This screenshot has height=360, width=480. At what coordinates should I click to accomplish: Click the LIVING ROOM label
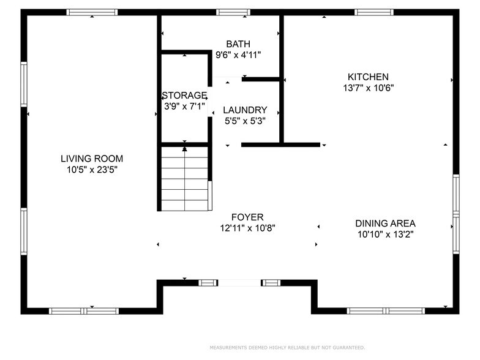click(92, 159)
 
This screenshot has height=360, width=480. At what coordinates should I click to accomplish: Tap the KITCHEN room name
click(368, 77)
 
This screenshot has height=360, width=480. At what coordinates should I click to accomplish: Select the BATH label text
click(238, 44)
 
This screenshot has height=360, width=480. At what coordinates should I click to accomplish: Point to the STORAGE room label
click(184, 96)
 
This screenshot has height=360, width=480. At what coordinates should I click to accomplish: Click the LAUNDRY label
click(245, 110)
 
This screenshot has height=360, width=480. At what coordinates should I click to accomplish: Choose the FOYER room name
click(247, 217)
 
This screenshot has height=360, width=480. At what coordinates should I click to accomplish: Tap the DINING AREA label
click(386, 223)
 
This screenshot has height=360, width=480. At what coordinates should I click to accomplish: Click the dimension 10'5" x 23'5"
click(92, 170)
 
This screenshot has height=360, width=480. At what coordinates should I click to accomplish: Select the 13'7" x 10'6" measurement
click(369, 88)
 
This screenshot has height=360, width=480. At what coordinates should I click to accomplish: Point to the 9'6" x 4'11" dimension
click(238, 55)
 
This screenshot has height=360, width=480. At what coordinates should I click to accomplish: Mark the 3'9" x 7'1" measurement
click(184, 107)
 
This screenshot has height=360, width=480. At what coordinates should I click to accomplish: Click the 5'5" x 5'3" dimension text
click(245, 121)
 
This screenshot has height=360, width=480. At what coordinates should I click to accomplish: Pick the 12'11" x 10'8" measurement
click(247, 228)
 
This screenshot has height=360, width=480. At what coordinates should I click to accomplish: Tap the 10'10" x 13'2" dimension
click(386, 234)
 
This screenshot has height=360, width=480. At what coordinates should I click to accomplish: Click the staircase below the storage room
click(185, 179)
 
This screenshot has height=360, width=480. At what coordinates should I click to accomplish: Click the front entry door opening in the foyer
click(239, 283)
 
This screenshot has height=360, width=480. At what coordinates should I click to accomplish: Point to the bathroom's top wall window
click(233, 12)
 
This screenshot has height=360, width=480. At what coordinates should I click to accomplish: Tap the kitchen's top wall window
click(374, 12)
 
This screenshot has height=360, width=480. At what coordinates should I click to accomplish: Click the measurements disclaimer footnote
click(287, 348)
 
